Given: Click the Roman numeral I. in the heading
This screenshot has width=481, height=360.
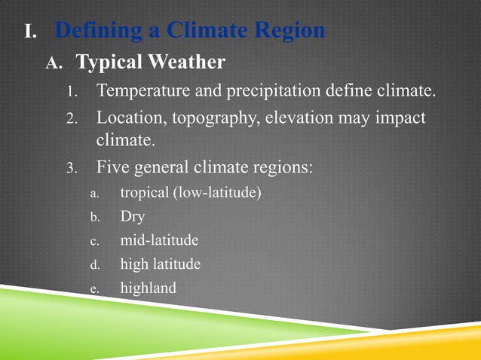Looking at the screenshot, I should click(x=30, y=32).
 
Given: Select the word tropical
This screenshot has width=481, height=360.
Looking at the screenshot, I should click(x=144, y=193).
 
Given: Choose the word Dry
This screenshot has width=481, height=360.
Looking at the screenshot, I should click(x=132, y=217).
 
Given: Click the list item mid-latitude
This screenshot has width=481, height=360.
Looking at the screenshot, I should click(x=159, y=240).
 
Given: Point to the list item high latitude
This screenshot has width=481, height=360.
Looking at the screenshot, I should click(x=161, y=264).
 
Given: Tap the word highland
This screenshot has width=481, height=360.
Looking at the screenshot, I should click(x=148, y=288).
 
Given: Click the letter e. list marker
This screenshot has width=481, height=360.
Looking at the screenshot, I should click(x=95, y=288).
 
